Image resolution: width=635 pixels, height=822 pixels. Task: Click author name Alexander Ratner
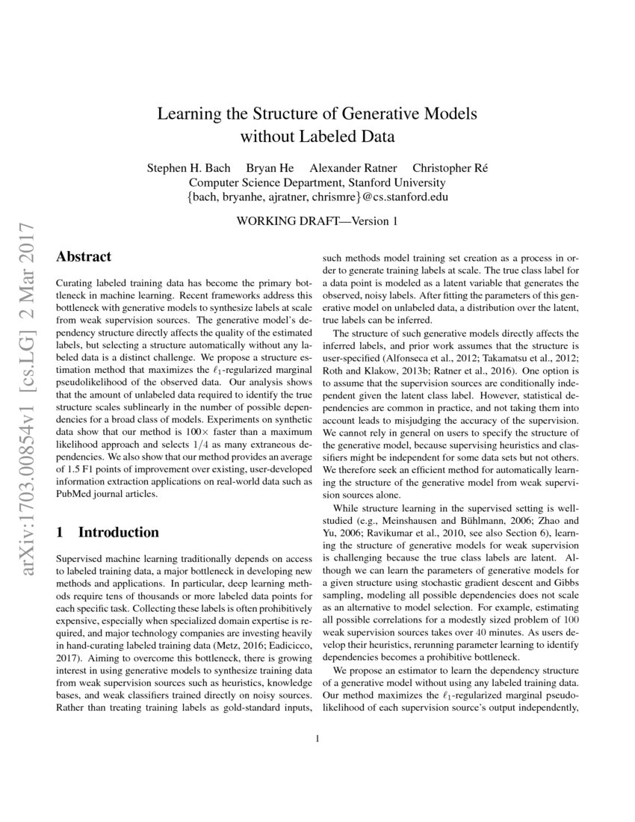tap(353, 168)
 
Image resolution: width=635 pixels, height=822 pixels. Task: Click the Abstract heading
tap(84, 256)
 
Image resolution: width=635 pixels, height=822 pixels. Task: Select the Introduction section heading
tap(118, 533)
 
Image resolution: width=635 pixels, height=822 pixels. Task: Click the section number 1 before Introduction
tap(61, 533)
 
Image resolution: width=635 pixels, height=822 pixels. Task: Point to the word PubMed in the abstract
tap(76, 493)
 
